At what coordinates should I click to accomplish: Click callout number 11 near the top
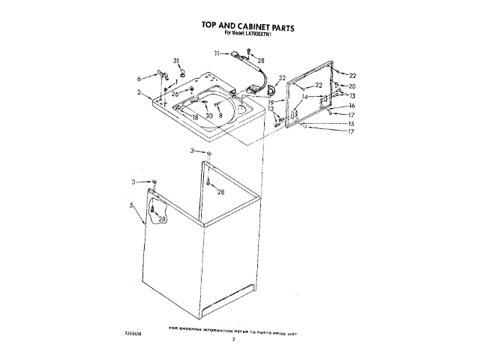tap(216, 53)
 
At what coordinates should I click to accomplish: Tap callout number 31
tap(177, 60)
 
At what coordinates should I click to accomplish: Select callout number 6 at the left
tap(139, 77)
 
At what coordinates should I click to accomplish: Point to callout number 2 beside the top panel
tap(139, 92)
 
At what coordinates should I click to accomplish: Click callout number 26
tap(175, 94)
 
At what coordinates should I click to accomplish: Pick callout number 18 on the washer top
tap(194, 118)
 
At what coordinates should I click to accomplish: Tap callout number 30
tap(209, 116)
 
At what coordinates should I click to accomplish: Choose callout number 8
tap(220, 115)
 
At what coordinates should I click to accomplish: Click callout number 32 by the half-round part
tap(282, 78)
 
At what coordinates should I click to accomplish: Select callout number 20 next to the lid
tap(352, 86)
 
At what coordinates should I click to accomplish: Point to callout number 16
tap(351, 106)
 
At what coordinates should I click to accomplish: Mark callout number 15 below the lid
tap(351, 123)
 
